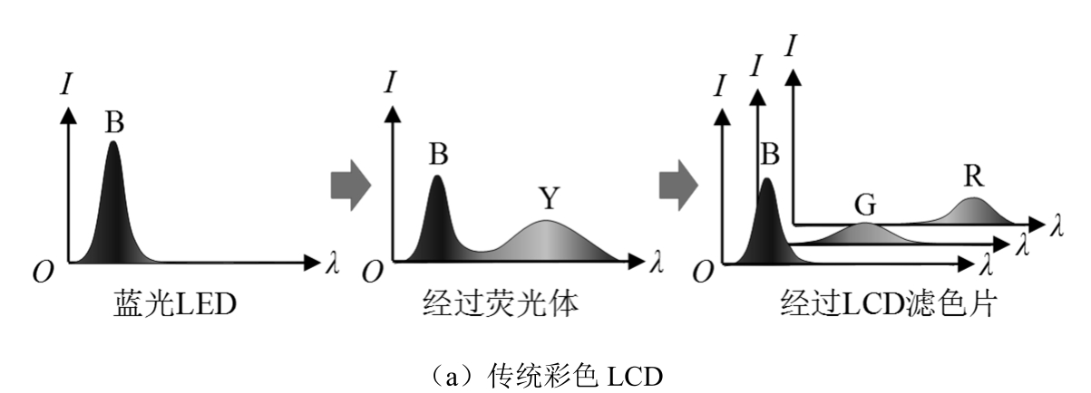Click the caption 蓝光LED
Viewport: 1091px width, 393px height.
pos(175,303)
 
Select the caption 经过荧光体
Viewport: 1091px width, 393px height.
pos(501,303)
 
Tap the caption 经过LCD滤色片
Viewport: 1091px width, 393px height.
pos(890,303)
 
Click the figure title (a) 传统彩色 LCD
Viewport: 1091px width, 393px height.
pos(546,376)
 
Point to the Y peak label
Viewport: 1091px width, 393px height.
pos(550,198)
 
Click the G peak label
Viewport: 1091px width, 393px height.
pos(865,205)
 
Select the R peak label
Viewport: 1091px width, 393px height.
pos(974,176)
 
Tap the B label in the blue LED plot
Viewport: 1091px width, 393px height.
pos(114,121)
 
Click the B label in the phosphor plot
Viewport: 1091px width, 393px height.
pos(439,154)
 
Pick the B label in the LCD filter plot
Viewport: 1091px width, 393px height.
pos(770,154)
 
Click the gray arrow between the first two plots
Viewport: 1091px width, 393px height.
pos(351,186)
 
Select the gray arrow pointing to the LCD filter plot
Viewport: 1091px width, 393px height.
pos(679,186)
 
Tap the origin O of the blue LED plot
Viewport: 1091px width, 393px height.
pos(43,273)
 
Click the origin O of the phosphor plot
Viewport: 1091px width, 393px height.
pos(373,273)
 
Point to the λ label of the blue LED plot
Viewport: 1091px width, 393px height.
pos(333,263)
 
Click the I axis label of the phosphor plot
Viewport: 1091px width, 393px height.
pos(390,81)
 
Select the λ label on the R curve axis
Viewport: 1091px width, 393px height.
pos(1056,225)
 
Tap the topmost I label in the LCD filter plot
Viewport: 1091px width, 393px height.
pos(792,47)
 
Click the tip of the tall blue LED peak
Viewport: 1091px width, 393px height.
pos(113,141)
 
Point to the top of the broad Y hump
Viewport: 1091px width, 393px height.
pos(547,221)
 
